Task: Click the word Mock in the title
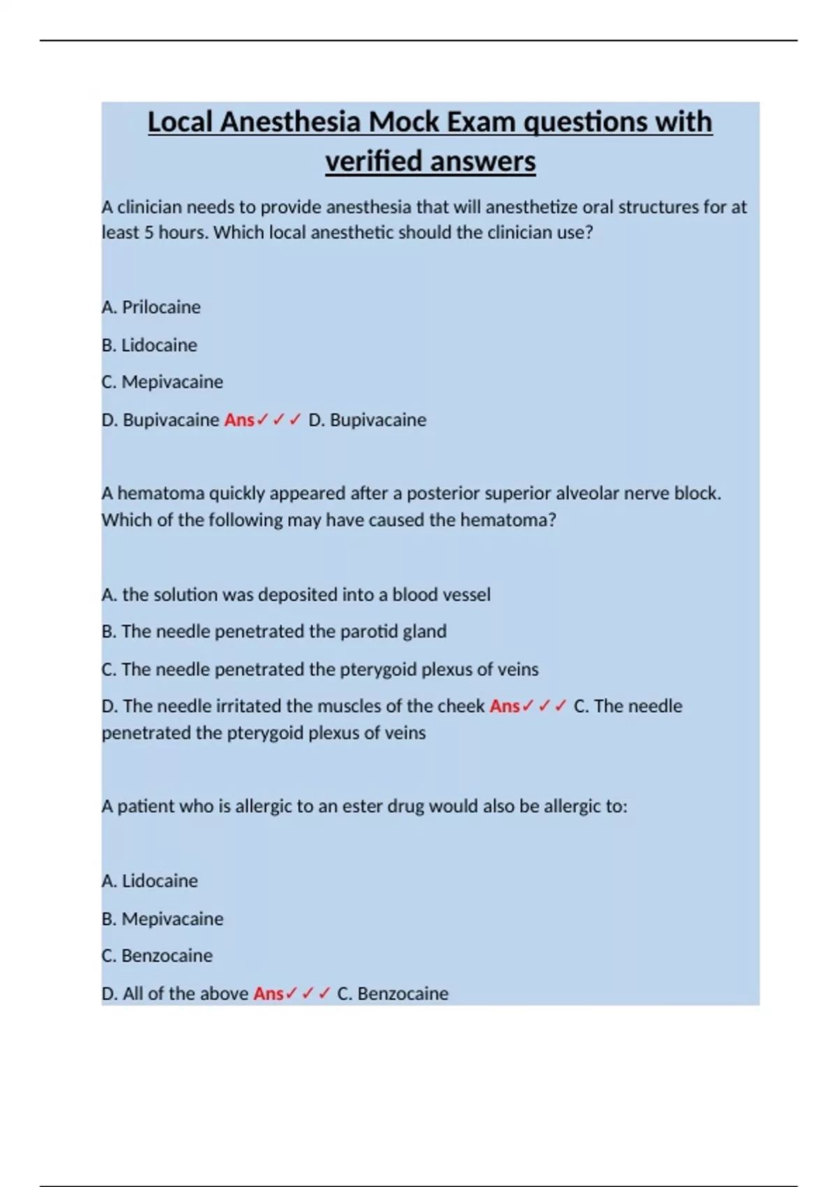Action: coord(405,122)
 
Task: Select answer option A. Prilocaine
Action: coord(151,307)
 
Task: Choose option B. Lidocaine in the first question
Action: coord(149,345)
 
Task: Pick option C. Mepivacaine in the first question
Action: coord(162,382)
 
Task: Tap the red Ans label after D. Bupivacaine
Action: coord(239,420)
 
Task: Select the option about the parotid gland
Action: coord(274,631)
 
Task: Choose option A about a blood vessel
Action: coord(296,594)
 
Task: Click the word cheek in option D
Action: coord(461,706)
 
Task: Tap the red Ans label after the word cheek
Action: coord(505,706)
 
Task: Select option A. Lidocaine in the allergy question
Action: coord(149,881)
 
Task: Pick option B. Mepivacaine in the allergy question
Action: coord(162,919)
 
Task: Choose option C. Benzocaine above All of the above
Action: coord(157,956)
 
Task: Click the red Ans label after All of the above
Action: coord(268,994)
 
